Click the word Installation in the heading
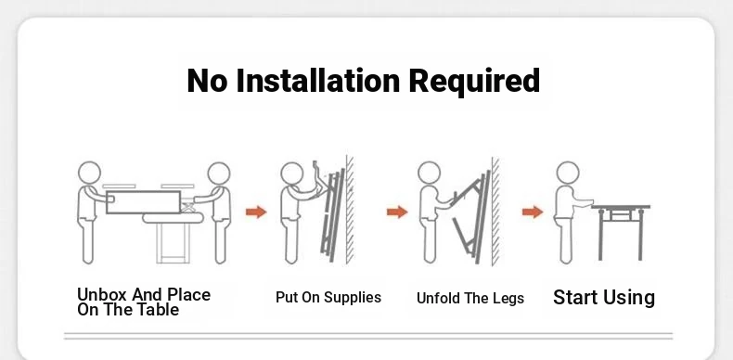(318, 80)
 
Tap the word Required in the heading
(474, 81)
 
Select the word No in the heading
(207, 81)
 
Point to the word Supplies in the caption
(353, 298)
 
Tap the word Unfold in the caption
(438, 298)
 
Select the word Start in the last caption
(575, 297)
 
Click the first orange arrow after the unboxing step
(256, 212)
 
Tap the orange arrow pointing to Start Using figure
(533, 212)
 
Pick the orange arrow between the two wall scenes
(397, 212)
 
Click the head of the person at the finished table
(568, 173)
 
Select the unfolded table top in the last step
(621, 207)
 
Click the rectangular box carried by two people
(143, 202)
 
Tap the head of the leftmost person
(89, 173)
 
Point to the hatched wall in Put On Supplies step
(350, 210)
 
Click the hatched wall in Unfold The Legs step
(495, 212)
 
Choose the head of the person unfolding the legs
(430, 173)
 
